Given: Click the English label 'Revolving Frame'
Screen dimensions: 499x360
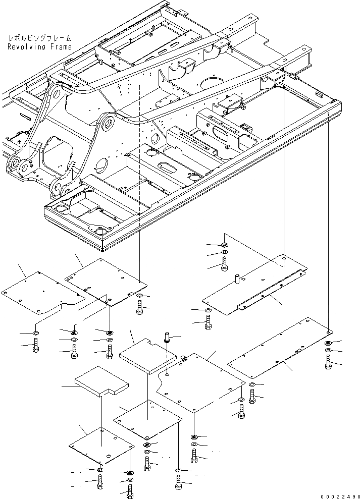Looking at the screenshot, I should pyautogui.click(x=39, y=47).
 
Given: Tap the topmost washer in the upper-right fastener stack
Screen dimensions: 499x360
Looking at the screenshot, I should pyautogui.click(x=225, y=245).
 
